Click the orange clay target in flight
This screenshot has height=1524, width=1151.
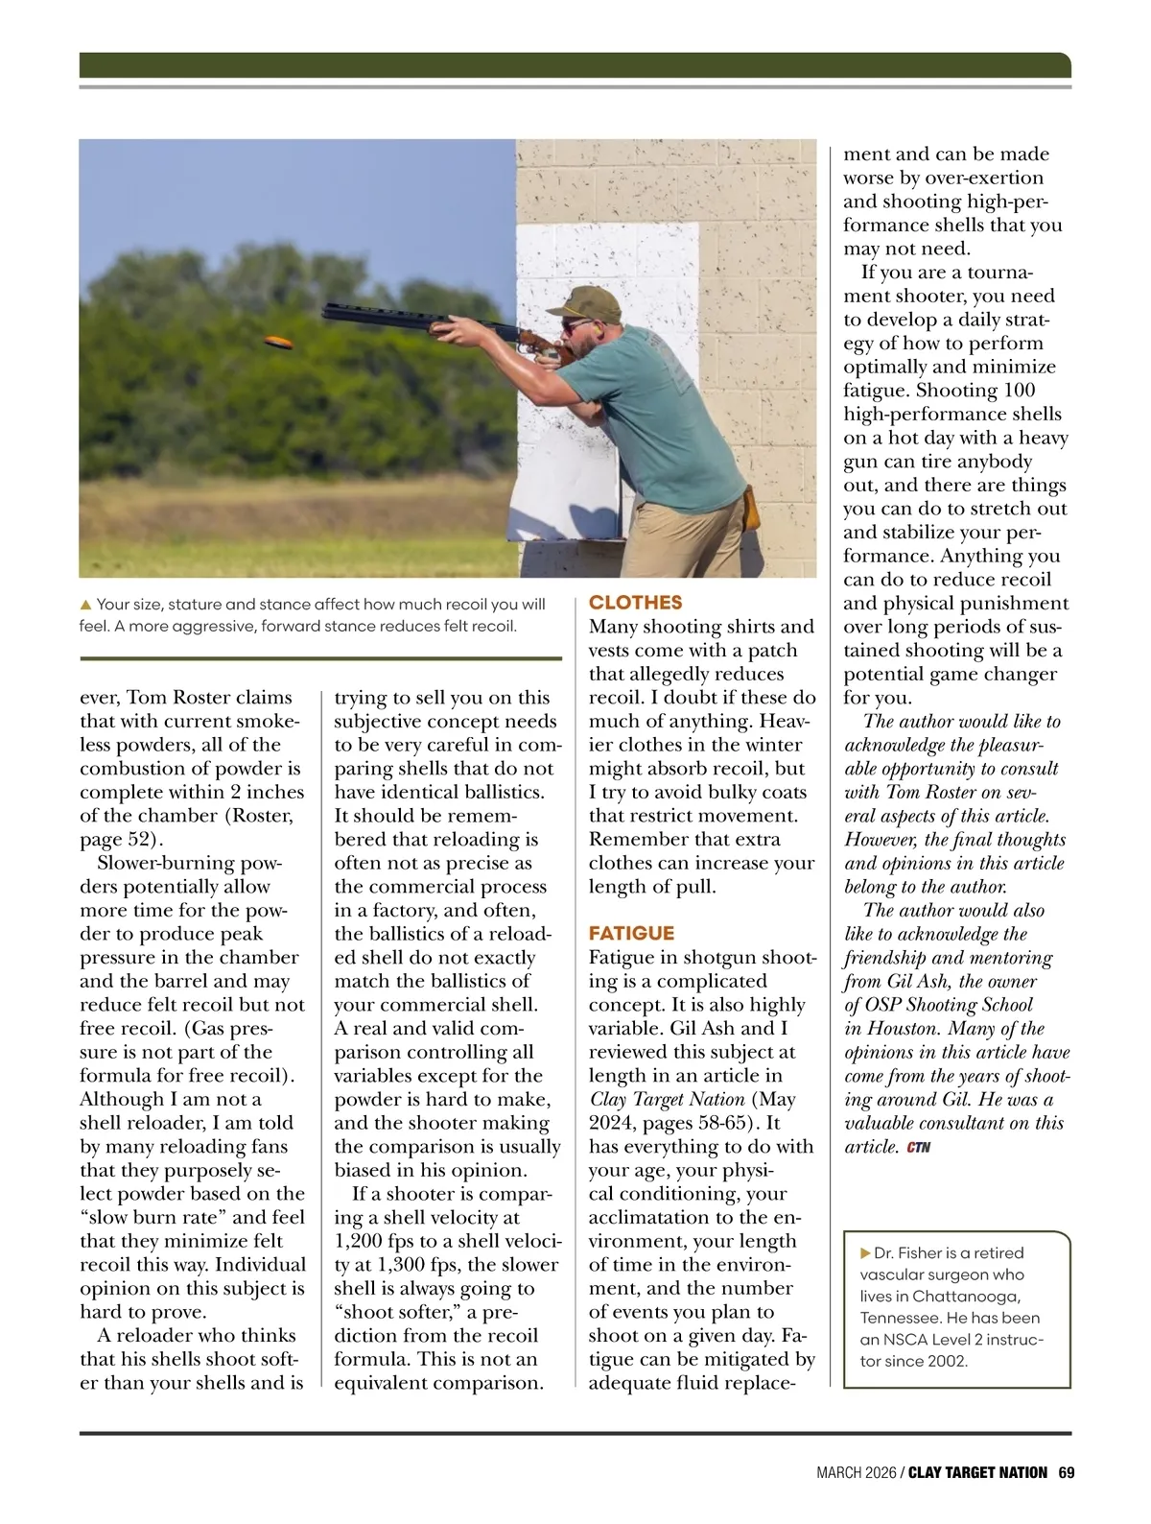pos(278,343)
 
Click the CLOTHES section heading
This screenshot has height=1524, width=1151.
pos(635,603)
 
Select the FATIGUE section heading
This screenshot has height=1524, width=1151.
pos(631,933)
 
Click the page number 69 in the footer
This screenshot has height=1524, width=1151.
pos(1066,1472)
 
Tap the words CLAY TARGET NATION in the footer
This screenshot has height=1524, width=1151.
pos(977,1472)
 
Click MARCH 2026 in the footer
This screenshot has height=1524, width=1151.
pos(856,1472)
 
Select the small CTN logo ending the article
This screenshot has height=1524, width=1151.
pos(918,1147)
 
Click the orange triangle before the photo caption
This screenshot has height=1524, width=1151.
pos(85,605)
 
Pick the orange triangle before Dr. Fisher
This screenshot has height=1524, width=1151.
pos(866,1253)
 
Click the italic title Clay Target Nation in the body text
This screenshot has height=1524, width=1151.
pos(667,1100)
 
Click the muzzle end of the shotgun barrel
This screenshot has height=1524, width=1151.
pos(328,312)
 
